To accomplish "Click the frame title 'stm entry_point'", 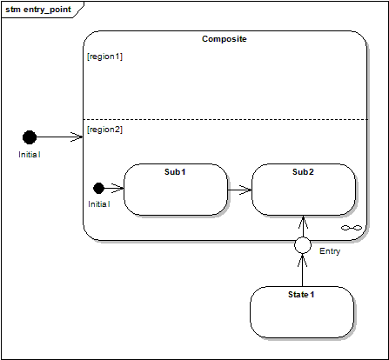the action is pyautogui.click(x=38, y=10).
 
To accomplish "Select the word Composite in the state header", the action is pyautogui.click(x=225, y=39).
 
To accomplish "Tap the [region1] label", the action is pyautogui.click(x=104, y=57).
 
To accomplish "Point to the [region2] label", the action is pyautogui.click(x=104, y=130).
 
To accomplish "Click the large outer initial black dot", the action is pyautogui.click(x=30, y=137).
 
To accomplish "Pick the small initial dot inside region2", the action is pyautogui.click(x=98, y=188).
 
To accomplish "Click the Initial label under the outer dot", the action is pyautogui.click(x=30, y=155).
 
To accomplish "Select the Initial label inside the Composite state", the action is pyautogui.click(x=99, y=204).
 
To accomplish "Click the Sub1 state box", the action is pyautogui.click(x=176, y=190).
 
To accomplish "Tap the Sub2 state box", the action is pyautogui.click(x=304, y=190).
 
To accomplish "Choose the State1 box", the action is pyautogui.click(x=302, y=312).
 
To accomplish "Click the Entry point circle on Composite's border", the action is pyautogui.click(x=303, y=245).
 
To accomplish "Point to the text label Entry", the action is pyautogui.click(x=330, y=251).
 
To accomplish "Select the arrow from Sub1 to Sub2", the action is pyautogui.click(x=239, y=190).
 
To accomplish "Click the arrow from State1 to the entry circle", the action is pyautogui.click(x=303, y=270).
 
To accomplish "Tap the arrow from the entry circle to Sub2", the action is pyautogui.click(x=303, y=226).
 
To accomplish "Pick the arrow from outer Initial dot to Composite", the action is pyautogui.click(x=60, y=137).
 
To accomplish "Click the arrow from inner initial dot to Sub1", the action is pyautogui.click(x=114, y=189).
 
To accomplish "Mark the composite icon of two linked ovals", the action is pyautogui.click(x=352, y=228).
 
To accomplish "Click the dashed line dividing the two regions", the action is pyautogui.click(x=225, y=119).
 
